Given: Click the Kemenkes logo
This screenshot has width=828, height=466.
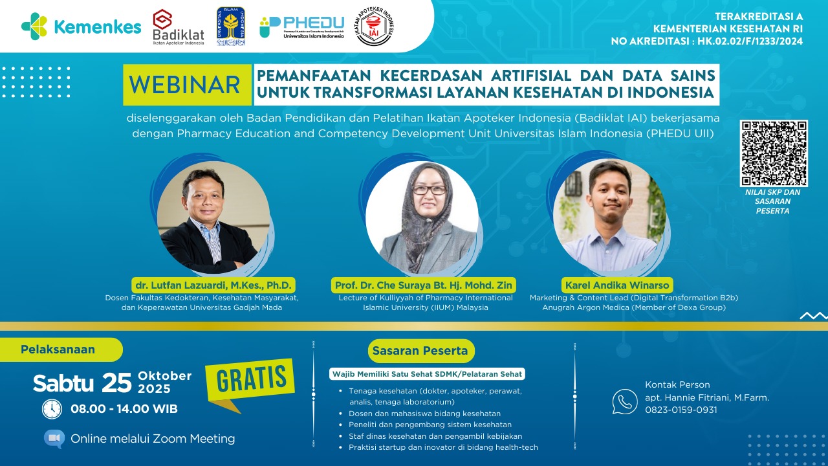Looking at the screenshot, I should (x=81, y=27).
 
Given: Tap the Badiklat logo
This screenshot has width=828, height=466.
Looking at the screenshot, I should (x=179, y=27).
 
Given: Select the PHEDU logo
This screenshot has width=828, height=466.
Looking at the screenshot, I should (x=302, y=27).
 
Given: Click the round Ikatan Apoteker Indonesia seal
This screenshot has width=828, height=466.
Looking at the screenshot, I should (x=375, y=27).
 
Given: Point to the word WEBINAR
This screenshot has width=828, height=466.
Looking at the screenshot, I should (x=186, y=85).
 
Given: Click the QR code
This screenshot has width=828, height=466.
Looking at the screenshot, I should (x=774, y=153).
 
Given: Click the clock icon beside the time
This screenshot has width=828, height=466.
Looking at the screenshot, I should (x=52, y=409).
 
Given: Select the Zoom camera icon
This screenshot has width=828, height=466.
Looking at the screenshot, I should (x=54, y=439).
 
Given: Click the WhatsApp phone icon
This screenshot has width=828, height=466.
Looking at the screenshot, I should (x=625, y=401).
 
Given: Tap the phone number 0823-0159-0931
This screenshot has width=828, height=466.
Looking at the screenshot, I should (x=681, y=410).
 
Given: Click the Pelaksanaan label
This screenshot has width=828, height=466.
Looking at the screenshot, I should (x=58, y=349).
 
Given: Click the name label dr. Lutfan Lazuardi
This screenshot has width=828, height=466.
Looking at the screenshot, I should (x=213, y=285).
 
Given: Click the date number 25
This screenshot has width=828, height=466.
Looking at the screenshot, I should (x=116, y=383).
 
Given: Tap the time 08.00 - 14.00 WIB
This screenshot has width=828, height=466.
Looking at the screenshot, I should (x=124, y=409).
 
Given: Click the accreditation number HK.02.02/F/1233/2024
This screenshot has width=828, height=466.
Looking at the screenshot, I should (x=750, y=41).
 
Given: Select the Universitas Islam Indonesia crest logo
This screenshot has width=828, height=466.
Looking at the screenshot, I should (x=231, y=27).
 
